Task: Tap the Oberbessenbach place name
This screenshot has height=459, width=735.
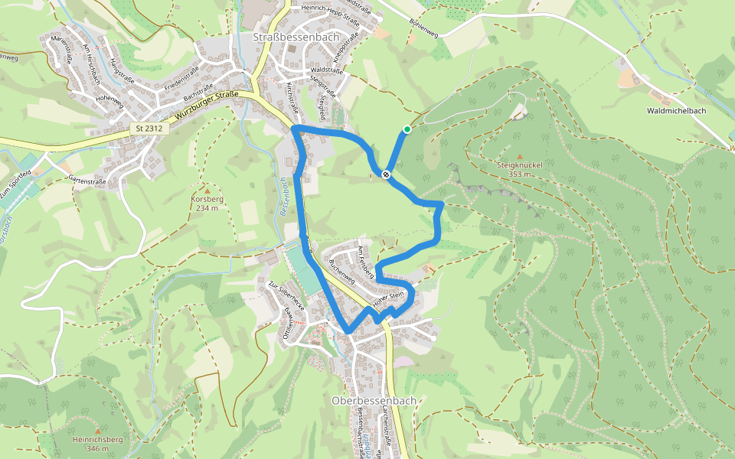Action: (374, 400)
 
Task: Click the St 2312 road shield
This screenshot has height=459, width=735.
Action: (149, 129)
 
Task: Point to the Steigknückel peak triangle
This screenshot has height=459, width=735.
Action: (521, 156)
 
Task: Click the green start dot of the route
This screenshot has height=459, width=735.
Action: (407, 129)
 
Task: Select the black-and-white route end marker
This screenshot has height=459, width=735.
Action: (387, 174)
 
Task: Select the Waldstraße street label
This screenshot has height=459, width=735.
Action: (327, 70)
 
